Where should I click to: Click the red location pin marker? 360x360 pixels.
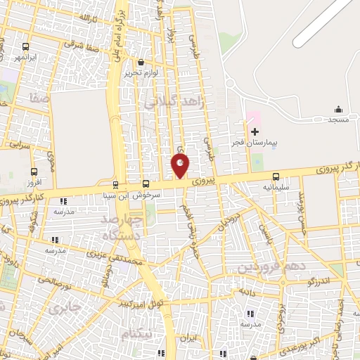click(181, 167)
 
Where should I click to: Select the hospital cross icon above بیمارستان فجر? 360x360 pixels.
click(255, 131)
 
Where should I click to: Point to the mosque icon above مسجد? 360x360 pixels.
click(338, 109)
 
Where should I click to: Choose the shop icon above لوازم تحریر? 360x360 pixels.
click(141, 62)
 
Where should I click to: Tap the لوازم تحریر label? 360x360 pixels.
click(141, 72)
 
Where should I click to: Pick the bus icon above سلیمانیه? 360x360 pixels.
click(275, 177)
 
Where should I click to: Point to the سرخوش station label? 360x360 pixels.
click(148, 195)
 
